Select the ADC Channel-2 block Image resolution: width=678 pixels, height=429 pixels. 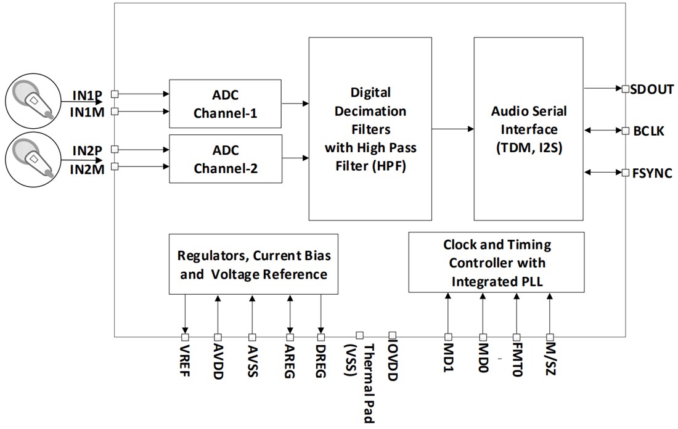click(225, 158)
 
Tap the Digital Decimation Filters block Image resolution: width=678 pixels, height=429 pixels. click(370, 128)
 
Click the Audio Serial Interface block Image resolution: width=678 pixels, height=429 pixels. click(528, 128)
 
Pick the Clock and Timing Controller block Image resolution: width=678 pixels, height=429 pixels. click(496, 262)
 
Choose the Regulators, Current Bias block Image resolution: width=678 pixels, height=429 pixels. click(253, 264)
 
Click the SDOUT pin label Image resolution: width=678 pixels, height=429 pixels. click(652, 89)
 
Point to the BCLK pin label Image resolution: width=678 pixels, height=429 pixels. click(648, 131)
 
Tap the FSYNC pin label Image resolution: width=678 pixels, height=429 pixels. click(651, 173)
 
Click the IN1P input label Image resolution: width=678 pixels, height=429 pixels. click(86, 96)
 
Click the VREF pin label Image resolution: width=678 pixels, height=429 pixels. click(185, 361)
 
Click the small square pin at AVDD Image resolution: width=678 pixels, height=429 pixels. click(218, 337)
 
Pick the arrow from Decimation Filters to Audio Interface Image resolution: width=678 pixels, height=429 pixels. click(452, 129)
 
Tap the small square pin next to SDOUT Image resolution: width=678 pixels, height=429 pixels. click(625, 89)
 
